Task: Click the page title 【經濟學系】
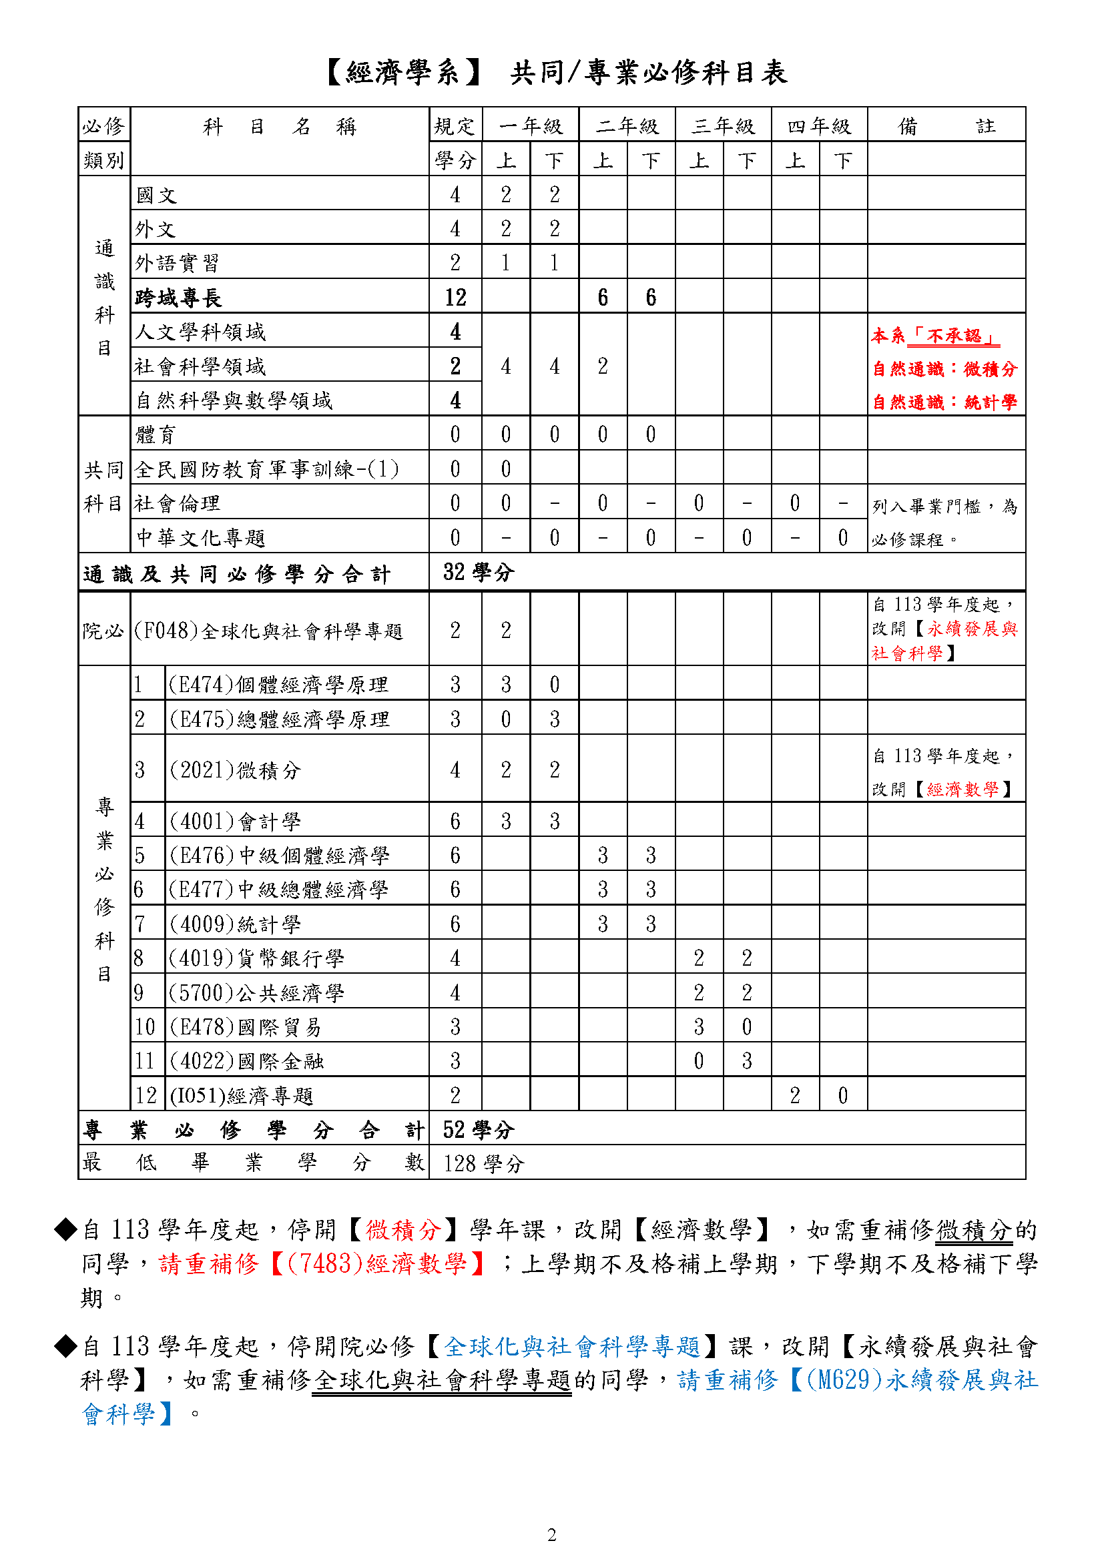(404, 73)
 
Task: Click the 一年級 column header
(530, 125)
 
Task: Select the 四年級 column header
(819, 125)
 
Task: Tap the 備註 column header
(946, 125)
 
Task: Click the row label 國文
(156, 195)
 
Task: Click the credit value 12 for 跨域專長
(455, 297)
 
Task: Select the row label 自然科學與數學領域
(234, 400)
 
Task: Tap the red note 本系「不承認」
(935, 336)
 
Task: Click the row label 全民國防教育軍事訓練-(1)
(266, 469)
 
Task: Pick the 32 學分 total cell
(478, 573)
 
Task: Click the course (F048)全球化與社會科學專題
(268, 631)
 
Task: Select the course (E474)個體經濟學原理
(278, 685)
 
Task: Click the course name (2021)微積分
(234, 770)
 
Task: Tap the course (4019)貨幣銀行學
(257, 958)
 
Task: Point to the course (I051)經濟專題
(242, 1096)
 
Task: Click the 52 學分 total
(478, 1130)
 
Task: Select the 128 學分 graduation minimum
(483, 1164)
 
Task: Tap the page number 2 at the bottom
(551, 1534)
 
